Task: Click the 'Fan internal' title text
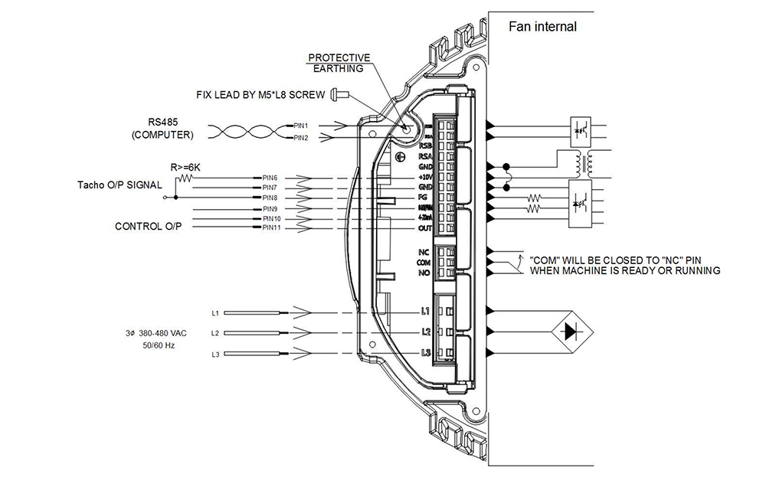(543, 28)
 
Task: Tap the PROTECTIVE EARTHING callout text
(339, 64)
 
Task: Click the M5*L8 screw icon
(339, 94)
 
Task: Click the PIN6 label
(270, 178)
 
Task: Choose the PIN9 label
(270, 208)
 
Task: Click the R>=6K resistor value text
(185, 165)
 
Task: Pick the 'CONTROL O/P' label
(147, 227)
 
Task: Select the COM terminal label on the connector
(424, 262)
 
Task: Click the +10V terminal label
(424, 177)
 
